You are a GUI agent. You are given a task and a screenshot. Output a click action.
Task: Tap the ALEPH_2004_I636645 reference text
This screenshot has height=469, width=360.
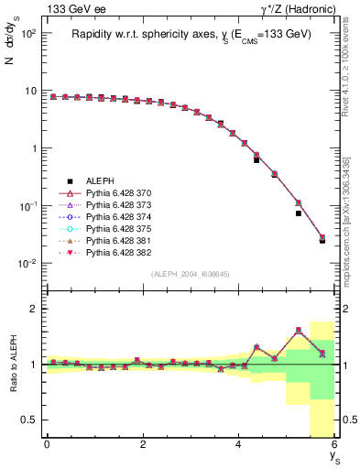(191, 274)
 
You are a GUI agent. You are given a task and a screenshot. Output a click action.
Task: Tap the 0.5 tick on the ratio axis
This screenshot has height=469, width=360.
(30, 420)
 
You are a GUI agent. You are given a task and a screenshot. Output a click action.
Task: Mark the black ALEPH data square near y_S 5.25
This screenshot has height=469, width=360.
(298, 213)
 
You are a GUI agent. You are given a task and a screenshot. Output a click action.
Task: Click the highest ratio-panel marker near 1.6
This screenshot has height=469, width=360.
(298, 331)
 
